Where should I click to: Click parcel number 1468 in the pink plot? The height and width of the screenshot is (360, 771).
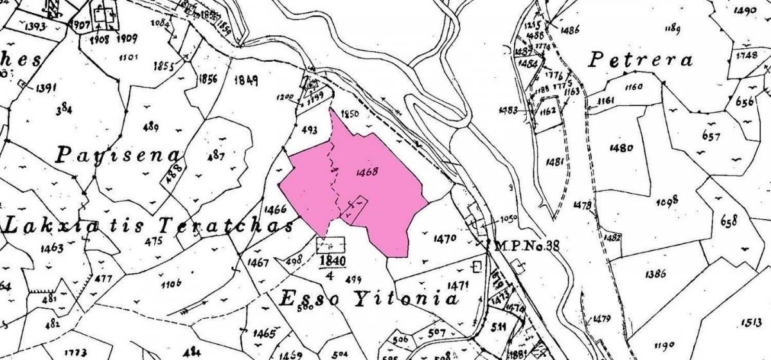click(x=364, y=172)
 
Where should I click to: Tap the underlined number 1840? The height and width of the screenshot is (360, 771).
click(x=331, y=262)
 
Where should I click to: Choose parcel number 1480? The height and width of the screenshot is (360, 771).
click(x=622, y=147)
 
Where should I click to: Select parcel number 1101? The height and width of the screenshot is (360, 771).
click(x=128, y=58)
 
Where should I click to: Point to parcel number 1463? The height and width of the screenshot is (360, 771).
click(x=51, y=247)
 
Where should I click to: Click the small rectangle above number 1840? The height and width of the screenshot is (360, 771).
click(x=331, y=244)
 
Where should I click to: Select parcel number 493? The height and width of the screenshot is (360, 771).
click(x=309, y=129)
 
